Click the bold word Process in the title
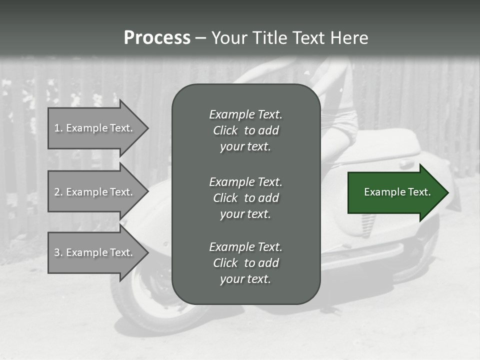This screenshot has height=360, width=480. (x=157, y=37)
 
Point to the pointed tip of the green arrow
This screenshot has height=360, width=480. (x=447, y=192)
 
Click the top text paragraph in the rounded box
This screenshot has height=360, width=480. (x=245, y=130)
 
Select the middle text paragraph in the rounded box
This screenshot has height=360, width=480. (x=245, y=197)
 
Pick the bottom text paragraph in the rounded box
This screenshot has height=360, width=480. (x=245, y=262)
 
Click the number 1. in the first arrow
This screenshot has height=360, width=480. (x=58, y=128)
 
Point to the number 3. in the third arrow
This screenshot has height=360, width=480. (x=58, y=252)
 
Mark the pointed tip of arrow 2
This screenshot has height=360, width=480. (x=147, y=191)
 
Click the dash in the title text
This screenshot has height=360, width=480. (x=200, y=38)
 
